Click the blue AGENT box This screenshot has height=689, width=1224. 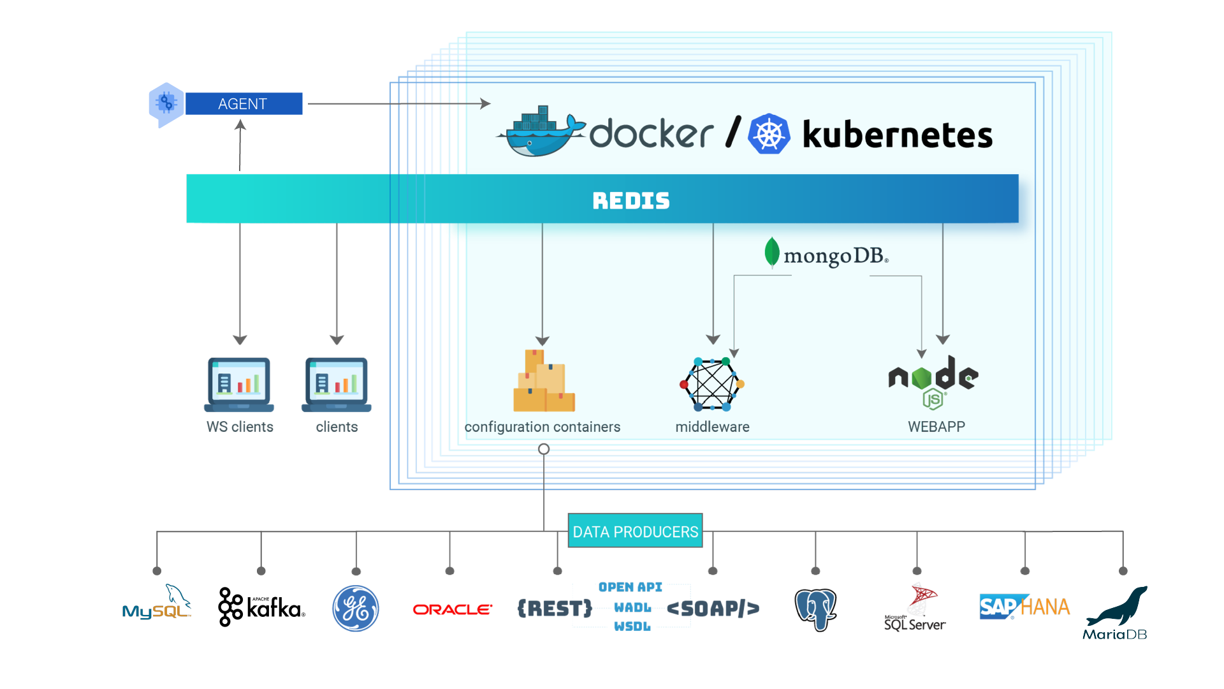(244, 104)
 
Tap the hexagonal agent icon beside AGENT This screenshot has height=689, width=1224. (166, 104)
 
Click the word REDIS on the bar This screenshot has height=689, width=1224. (630, 200)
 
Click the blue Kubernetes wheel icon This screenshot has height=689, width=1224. (769, 135)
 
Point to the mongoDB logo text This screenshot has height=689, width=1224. (827, 255)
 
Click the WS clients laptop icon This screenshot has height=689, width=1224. (239, 384)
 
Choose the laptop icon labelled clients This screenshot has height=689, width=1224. (337, 384)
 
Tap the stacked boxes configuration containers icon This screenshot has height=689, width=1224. (544, 382)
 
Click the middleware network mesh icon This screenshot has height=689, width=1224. (712, 385)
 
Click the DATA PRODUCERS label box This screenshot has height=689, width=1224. (635, 531)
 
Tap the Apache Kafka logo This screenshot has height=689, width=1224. (261, 607)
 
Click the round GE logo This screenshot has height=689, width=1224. (356, 609)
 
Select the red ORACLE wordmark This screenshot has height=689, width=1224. (452, 610)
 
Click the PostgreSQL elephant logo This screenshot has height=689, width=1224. (815, 609)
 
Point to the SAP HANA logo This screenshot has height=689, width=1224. (1024, 607)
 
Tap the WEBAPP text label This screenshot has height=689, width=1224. (936, 427)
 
